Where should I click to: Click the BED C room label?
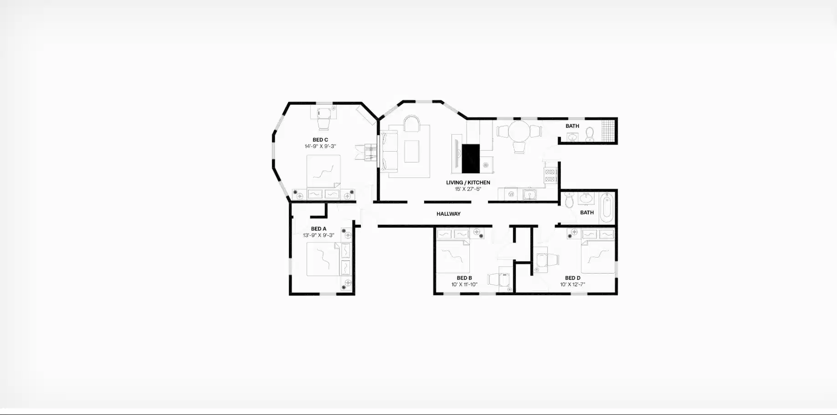[x=320, y=140]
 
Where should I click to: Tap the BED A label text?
[x=318, y=229]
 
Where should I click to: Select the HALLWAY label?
[x=448, y=214]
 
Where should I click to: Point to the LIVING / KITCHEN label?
[x=468, y=182]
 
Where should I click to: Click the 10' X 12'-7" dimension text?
[x=572, y=284]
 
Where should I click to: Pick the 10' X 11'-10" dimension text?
[x=464, y=284]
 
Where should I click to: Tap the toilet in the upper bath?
[x=590, y=134]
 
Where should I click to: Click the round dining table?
[x=519, y=132]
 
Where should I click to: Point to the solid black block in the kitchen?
[x=471, y=158]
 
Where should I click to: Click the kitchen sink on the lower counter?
[x=529, y=195]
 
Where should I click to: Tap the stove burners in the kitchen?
[x=550, y=176]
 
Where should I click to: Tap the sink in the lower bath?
[x=586, y=198]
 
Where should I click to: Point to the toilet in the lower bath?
[x=569, y=200]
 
